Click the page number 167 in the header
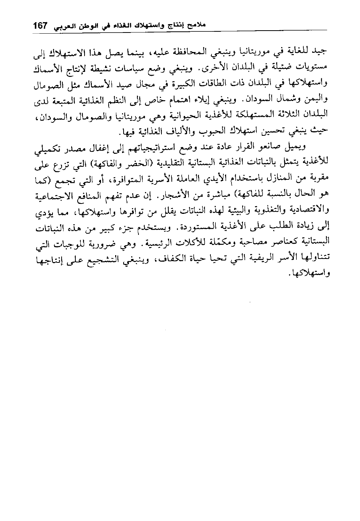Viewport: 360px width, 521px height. coord(40,26)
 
